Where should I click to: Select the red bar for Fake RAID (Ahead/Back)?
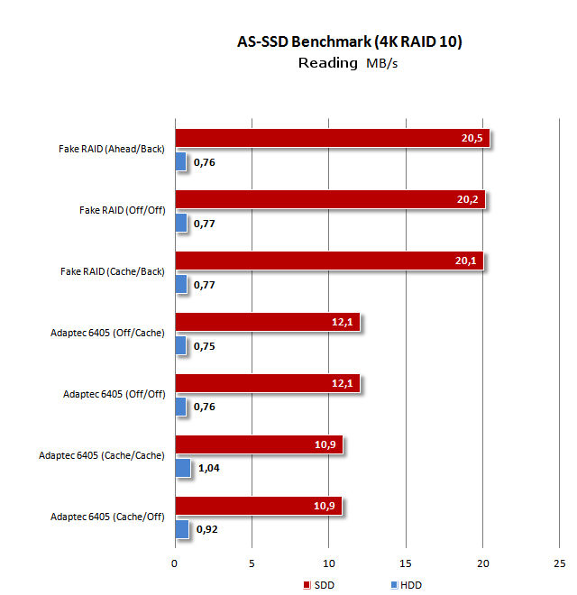tap(332, 138)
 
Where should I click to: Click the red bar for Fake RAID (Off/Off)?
tap(329, 199)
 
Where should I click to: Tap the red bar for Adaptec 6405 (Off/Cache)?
tap(267, 322)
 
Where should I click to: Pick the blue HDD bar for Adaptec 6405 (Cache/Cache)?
tap(182, 468)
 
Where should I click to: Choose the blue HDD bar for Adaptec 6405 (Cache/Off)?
tap(181, 529)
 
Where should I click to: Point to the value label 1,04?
tap(209, 469)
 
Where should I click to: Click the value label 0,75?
tap(205, 346)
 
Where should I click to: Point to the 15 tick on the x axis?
tap(406, 563)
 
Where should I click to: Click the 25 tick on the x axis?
tap(559, 563)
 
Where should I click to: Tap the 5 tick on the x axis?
tap(252, 563)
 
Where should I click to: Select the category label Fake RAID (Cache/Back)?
tap(112, 271)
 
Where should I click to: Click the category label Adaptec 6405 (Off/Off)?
tap(114, 394)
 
